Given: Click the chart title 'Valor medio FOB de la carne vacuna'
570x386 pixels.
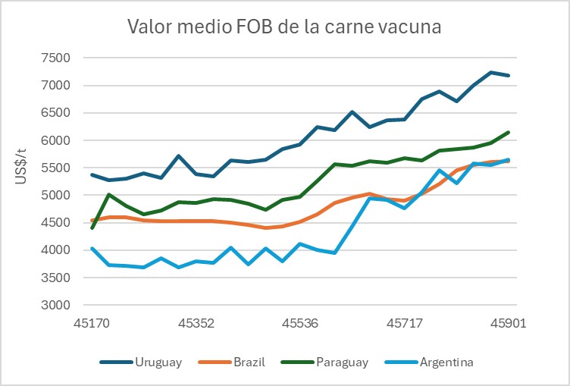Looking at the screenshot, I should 284,27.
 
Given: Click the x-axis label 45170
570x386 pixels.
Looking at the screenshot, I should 92,323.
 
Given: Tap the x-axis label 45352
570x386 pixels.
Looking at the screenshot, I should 196,323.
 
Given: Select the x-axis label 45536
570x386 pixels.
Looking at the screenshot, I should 300,323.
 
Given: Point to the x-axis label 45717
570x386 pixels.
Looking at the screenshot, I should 404,323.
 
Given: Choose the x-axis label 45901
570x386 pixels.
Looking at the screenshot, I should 508,323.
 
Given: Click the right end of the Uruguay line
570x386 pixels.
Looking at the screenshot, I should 508,75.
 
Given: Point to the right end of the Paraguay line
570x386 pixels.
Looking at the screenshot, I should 508,132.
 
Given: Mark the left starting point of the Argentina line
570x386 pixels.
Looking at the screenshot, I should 92,248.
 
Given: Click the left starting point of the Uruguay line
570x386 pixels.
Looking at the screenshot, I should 92,174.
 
